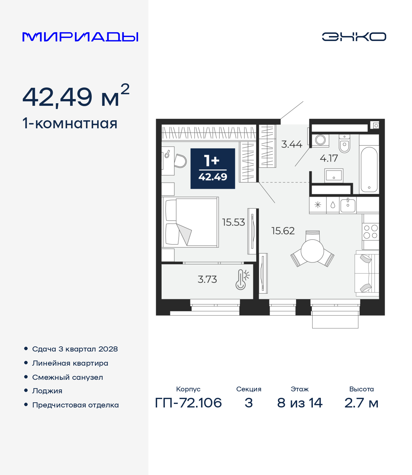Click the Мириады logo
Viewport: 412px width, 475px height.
pyautogui.click(x=80, y=37)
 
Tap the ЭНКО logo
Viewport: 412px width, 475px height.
pyautogui.click(x=354, y=37)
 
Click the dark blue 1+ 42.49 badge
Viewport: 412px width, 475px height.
pyautogui.click(x=213, y=169)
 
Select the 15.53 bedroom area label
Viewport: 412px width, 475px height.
pyautogui.click(x=233, y=223)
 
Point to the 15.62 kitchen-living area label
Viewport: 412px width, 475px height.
pyautogui.click(x=283, y=231)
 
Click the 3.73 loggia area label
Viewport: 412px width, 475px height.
pyautogui.click(x=207, y=279)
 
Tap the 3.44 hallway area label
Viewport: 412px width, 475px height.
pyautogui.click(x=292, y=144)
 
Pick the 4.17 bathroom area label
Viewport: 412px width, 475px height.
pyautogui.click(x=329, y=158)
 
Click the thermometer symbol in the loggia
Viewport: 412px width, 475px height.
pyautogui.click(x=242, y=279)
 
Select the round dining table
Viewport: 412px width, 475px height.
pyautogui.click(x=312, y=251)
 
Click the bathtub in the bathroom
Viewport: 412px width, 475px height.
pyautogui.click(x=369, y=169)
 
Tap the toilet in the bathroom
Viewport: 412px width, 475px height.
pyautogui.click(x=344, y=144)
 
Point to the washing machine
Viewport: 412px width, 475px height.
pyautogui.click(x=321, y=141)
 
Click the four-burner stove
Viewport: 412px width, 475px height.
pyautogui.click(x=370, y=232)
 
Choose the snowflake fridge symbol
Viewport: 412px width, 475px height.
pyautogui.click(x=318, y=205)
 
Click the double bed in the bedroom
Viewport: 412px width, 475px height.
pyautogui.click(x=190, y=222)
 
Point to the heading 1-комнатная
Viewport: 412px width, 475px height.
pyautogui.click(x=70, y=123)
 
